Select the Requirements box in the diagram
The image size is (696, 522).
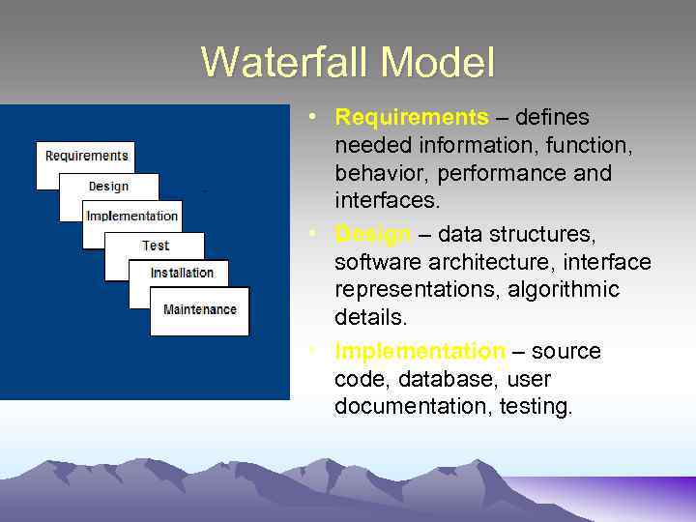86,157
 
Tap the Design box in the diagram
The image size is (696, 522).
108,187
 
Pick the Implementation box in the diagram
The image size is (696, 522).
132,217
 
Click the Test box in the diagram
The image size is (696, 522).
155,246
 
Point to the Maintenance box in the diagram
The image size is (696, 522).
199,310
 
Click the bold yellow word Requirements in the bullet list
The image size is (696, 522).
412,118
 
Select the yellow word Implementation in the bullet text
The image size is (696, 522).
420,352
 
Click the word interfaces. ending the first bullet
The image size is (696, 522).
387,202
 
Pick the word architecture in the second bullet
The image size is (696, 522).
503,262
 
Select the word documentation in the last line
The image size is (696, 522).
413,407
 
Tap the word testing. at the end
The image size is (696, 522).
536,407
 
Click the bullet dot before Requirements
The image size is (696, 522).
314,116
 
